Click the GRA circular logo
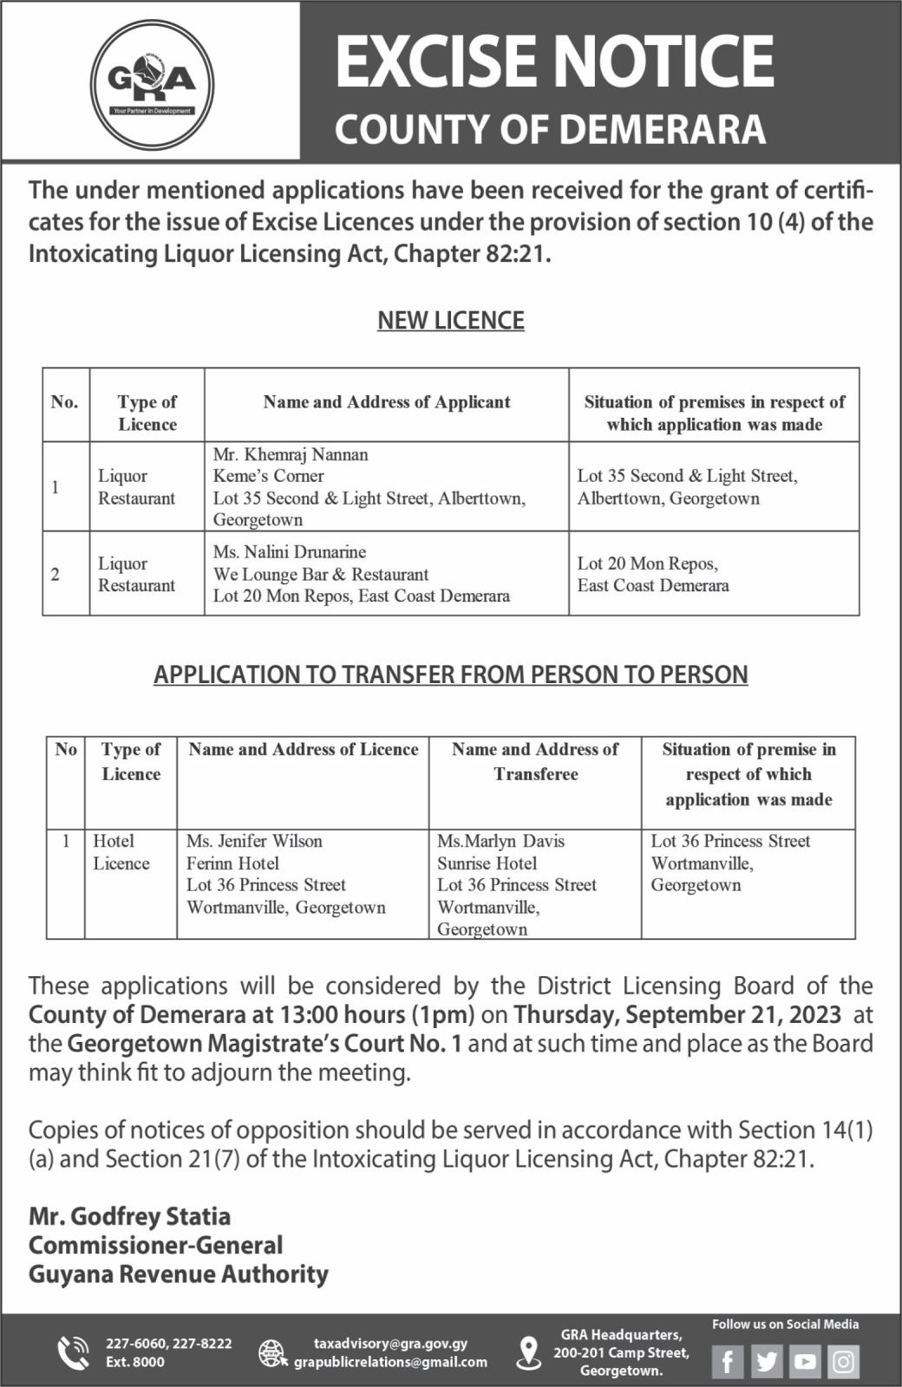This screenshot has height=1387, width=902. [x=152, y=85]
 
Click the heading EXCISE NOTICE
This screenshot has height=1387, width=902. [x=553, y=61]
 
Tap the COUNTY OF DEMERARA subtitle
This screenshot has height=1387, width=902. [x=550, y=129]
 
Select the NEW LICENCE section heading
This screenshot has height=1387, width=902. [x=450, y=321]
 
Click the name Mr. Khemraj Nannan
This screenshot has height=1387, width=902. [x=291, y=454]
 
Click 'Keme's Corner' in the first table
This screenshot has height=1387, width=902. [x=269, y=476]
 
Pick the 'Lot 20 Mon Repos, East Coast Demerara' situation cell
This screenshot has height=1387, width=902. [x=653, y=574]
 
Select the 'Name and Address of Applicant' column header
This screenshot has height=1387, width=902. [x=387, y=402]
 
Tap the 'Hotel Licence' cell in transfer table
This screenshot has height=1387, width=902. [x=121, y=852]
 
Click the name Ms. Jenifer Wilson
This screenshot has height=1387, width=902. [x=254, y=841]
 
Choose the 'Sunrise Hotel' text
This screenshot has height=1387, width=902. [x=487, y=863]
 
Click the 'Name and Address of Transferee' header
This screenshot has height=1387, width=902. [x=535, y=761]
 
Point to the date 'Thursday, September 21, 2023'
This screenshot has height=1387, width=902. [x=677, y=1014]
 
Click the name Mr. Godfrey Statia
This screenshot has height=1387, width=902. [x=130, y=1216]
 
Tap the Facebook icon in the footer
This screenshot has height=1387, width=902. [x=729, y=1361]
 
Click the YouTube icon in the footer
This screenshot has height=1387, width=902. [x=805, y=1361]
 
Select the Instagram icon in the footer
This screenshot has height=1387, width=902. [x=843, y=1361]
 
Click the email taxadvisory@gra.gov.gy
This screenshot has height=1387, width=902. [x=390, y=1344]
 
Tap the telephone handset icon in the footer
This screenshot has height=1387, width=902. [x=72, y=1352]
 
